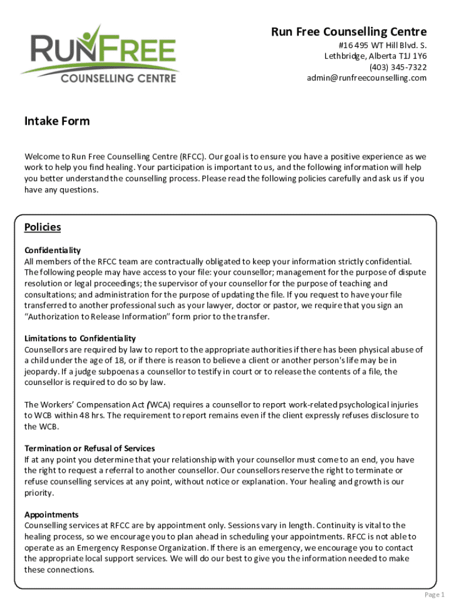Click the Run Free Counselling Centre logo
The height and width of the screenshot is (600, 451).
point(98,54)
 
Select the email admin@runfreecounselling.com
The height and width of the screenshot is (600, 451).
point(367,79)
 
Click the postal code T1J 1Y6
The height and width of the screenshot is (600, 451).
point(413,56)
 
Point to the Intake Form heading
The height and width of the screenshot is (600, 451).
point(57,121)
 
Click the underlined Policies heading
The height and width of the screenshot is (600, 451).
point(42,227)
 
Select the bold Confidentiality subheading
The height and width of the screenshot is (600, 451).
point(52,250)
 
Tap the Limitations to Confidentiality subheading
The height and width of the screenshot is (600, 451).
point(80,339)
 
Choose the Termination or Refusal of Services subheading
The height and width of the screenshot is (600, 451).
point(89,449)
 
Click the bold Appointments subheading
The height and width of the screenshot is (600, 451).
point(51,515)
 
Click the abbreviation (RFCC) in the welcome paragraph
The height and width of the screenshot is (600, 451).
point(193,157)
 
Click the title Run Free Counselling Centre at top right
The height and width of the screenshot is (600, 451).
point(348,32)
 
